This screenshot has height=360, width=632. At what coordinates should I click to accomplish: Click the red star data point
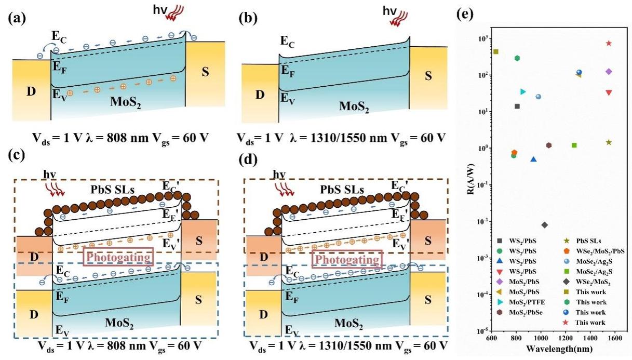click(x=609, y=43)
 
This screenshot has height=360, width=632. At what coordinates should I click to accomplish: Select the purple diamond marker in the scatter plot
click(x=609, y=71)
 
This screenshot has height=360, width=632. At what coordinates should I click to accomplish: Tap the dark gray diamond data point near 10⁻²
click(x=544, y=225)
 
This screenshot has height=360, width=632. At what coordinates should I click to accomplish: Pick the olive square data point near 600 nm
click(x=496, y=52)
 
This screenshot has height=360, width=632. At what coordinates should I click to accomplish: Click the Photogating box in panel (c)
click(x=119, y=257)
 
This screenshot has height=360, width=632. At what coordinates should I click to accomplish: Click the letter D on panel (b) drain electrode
click(x=260, y=94)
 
